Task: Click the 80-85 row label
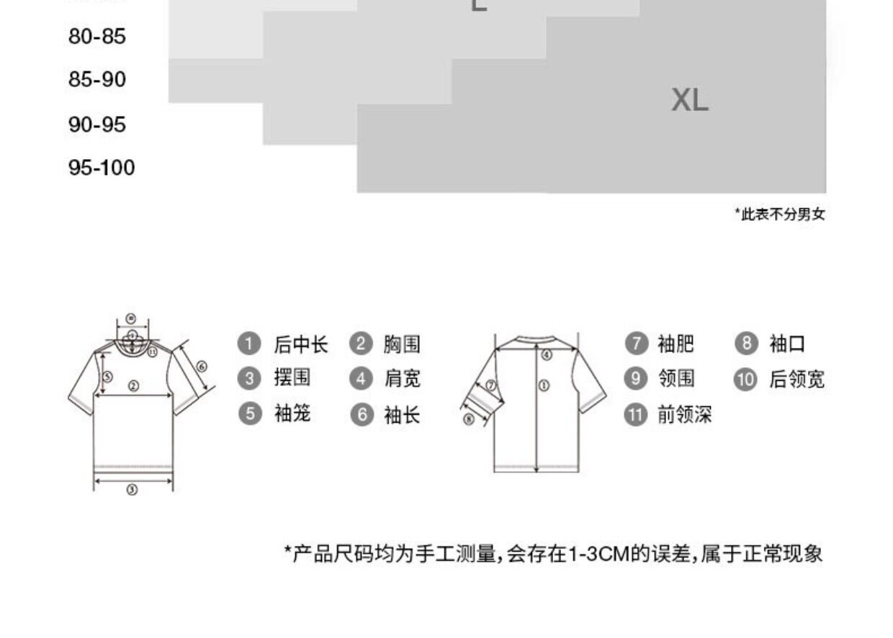click(x=97, y=36)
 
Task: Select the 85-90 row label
click(x=97, y=79)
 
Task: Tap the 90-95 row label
click(x=97, y=125)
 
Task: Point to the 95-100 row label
click(x=102, y=168)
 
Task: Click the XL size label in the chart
click(x=690, y=100)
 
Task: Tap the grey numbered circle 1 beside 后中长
click(x=249, y=344)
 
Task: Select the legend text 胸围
click(x=401, y=344)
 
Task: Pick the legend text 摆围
click(x=292, y=378)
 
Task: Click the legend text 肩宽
click(x=402, y=378)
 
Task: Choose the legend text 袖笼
click(x=292, y=414)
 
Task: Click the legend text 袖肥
click(x=676, y=344)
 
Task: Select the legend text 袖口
click(x=787, y=344)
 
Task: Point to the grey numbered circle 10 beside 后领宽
click(x=745, y=379)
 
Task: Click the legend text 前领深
click(x=684, y=415)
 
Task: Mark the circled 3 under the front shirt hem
click(x=133, y=490)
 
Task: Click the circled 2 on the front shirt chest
click(x=133, y=386)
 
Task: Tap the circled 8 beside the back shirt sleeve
click(x=469, y=419)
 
